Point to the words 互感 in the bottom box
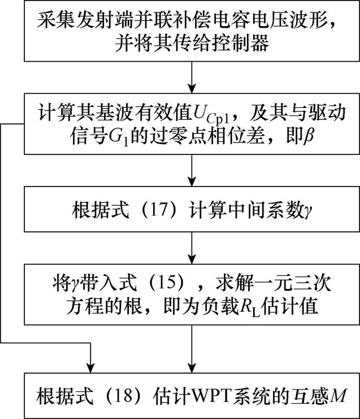tap(311, 394)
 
